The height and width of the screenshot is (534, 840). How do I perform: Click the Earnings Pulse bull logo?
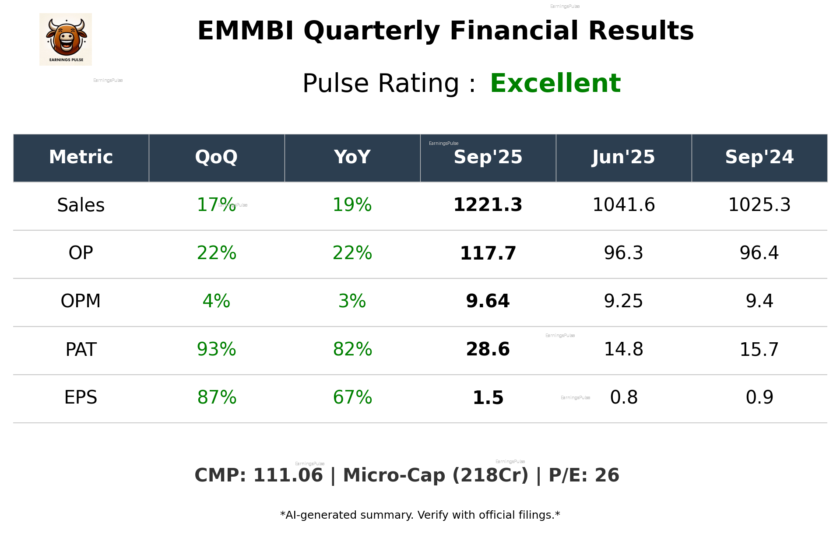coord(66,39)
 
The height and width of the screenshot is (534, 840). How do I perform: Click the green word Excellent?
coord(555,83)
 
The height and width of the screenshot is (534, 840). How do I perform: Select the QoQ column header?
coord(216,157)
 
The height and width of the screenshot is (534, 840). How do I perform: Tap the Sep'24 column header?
coord(759,157)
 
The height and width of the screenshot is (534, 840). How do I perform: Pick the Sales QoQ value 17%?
coord(214,205)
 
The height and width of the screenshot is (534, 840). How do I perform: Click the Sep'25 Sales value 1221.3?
coord(488,205)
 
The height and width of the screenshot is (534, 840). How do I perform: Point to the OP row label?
coord(81,253)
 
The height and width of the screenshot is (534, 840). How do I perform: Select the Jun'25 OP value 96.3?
coord(623,253)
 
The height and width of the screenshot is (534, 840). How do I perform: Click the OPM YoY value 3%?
coord(352,301)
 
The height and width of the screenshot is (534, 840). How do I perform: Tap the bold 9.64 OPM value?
coord(488,301)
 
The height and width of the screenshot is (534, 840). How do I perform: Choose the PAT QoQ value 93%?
coord(216,349)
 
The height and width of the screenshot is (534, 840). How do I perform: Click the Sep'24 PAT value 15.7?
coord(759,349)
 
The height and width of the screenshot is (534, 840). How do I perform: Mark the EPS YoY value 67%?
coord(352,397)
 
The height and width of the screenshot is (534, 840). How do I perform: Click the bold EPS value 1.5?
coord(488,397)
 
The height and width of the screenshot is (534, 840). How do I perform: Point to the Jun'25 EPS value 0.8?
coord(623,397)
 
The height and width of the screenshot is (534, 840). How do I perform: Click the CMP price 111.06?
coord(288,475)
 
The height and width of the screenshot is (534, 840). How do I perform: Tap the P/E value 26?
coord(607,475)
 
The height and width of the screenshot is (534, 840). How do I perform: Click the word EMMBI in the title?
coord(246,31)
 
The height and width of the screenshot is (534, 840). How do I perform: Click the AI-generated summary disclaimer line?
coord(420,515)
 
